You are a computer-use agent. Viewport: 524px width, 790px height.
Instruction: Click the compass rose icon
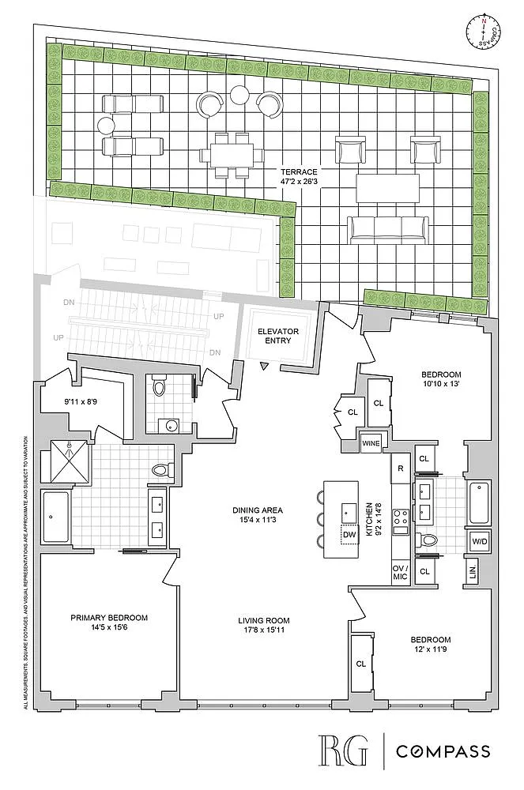coord(483,32)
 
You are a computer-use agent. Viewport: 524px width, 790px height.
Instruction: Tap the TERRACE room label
coord(299,171)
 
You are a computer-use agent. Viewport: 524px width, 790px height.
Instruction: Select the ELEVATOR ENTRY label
coord(278,336)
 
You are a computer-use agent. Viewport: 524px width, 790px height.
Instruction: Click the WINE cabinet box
coord(371,444)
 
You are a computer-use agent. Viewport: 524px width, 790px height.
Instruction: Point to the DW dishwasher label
coord(349,535)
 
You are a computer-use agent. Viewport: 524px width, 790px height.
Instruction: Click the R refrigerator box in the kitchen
coord(401,468)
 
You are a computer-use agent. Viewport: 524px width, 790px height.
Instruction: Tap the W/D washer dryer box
coord(479,542)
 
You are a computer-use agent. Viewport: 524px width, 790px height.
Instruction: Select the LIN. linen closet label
coord(472,572)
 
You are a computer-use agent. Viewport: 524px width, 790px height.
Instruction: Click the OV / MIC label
coord(400,573)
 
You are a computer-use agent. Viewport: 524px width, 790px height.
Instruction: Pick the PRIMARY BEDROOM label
coord(109,618)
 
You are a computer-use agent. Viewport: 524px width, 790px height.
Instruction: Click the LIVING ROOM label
coord(264,621)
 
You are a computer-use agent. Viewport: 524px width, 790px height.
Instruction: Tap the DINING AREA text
coord(258,510)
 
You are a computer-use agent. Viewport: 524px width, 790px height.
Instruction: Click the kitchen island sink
coord(349,513)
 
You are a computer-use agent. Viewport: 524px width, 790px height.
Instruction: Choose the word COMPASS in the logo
coord(443,751)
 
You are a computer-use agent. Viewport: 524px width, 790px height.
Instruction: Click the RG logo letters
coord(342,750)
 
